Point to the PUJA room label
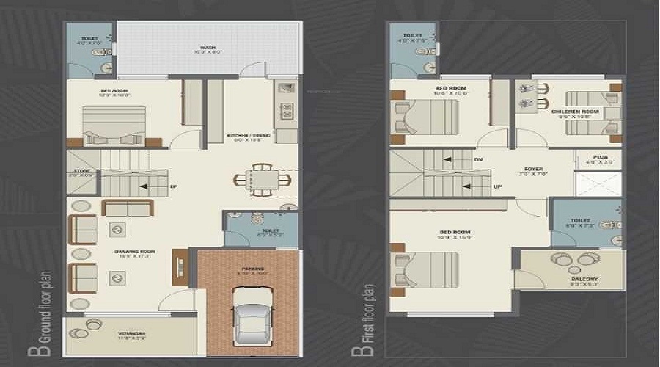(600, 156)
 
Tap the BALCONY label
(584, 279)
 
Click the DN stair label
(479, 159)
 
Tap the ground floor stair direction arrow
(144, 186)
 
